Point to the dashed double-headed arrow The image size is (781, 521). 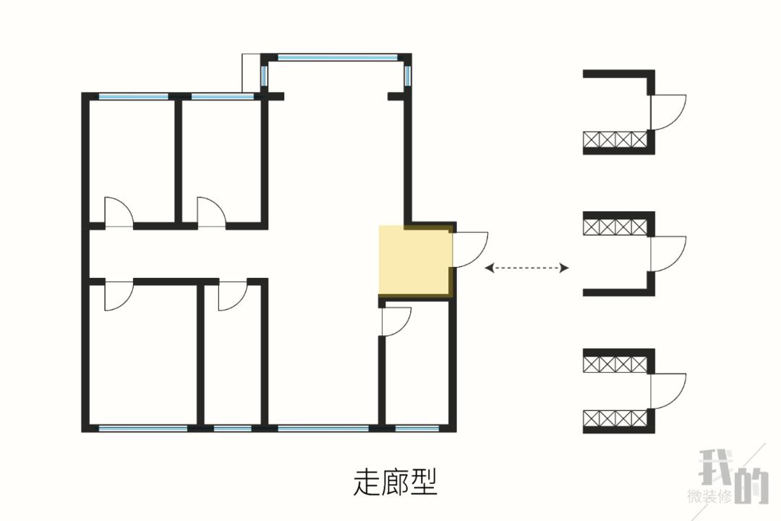point(526,268)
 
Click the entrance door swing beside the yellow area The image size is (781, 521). point(470,249)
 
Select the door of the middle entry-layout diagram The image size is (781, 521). point(667,253)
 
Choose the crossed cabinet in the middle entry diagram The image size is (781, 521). point(615,226)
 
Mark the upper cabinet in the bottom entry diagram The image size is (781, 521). point(615,363)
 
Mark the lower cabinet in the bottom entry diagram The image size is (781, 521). point(615,419)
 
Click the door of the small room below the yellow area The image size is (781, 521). point(395,321)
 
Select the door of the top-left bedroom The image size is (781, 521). point(119,212)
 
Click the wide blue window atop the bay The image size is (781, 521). point(337,57)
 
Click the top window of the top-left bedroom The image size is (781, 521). point(133,96)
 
